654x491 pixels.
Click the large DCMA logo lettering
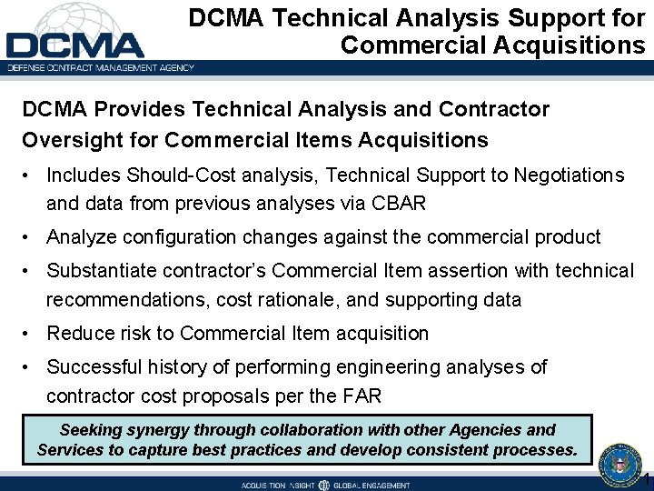(74, 45)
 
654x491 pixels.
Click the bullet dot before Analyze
(31, 237)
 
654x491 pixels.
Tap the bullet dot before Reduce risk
(31, 334)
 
